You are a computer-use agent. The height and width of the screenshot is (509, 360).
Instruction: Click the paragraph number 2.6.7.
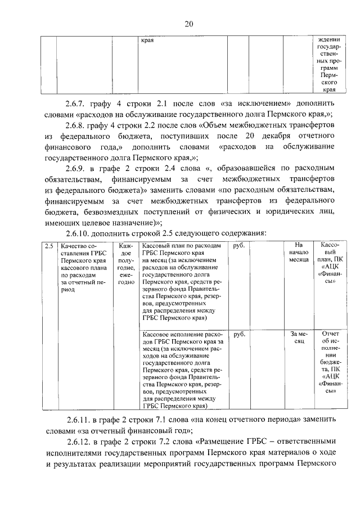click(76, 104)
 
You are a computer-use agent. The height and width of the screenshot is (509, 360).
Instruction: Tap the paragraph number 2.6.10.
click(78, 232)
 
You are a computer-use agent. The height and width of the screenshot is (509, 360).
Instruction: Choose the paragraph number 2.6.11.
click(78, 420)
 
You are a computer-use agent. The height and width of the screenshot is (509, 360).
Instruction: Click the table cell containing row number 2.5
click(49, 246)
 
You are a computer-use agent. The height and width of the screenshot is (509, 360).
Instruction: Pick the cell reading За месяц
click(298, 337)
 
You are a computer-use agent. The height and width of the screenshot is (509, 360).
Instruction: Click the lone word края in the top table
click(148, 41)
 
